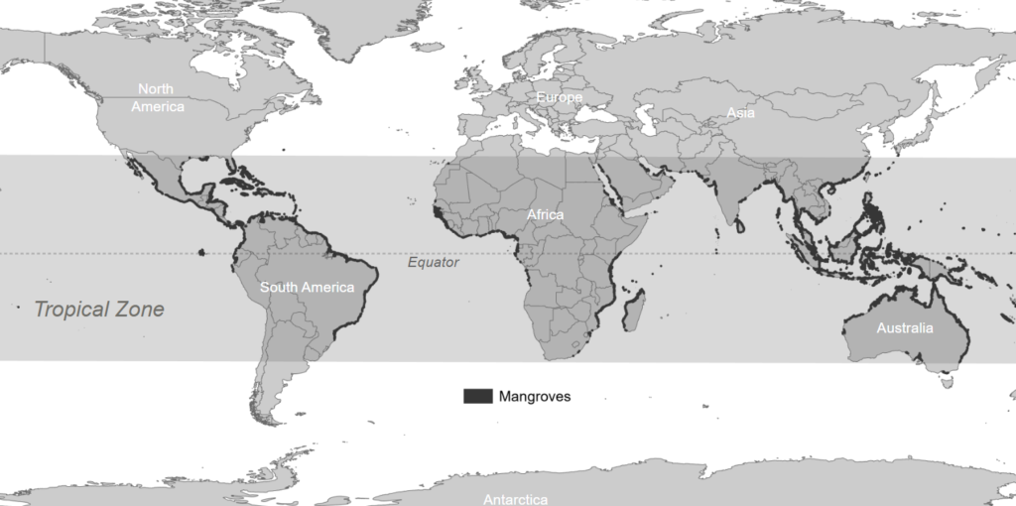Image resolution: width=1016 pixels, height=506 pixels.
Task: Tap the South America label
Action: pyautogui.click(x=307, y=288)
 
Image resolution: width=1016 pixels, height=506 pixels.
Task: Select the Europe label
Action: pyautogui.click(x=559, y=97)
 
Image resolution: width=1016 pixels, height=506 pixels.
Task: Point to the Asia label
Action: pyautogui.click(x=740, y=113)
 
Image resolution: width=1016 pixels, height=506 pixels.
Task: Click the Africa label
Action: pyautogui.click(x=545, y=214)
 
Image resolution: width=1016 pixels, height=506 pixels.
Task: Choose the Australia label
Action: pyautogui.click(x=904, y=328)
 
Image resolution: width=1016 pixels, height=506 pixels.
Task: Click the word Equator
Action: pyautogui.click(x=434, y=263)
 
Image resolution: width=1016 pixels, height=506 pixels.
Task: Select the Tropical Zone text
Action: pyautogui.click(x=99, y=310)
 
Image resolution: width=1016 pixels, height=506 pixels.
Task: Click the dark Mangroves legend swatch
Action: pyautogui.click(x=477, y=396)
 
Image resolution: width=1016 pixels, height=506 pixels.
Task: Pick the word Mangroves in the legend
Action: pyautogui.click(x=534, y=396)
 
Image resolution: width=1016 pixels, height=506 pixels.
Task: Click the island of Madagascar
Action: pyautogui.click(x=632, y=308)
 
